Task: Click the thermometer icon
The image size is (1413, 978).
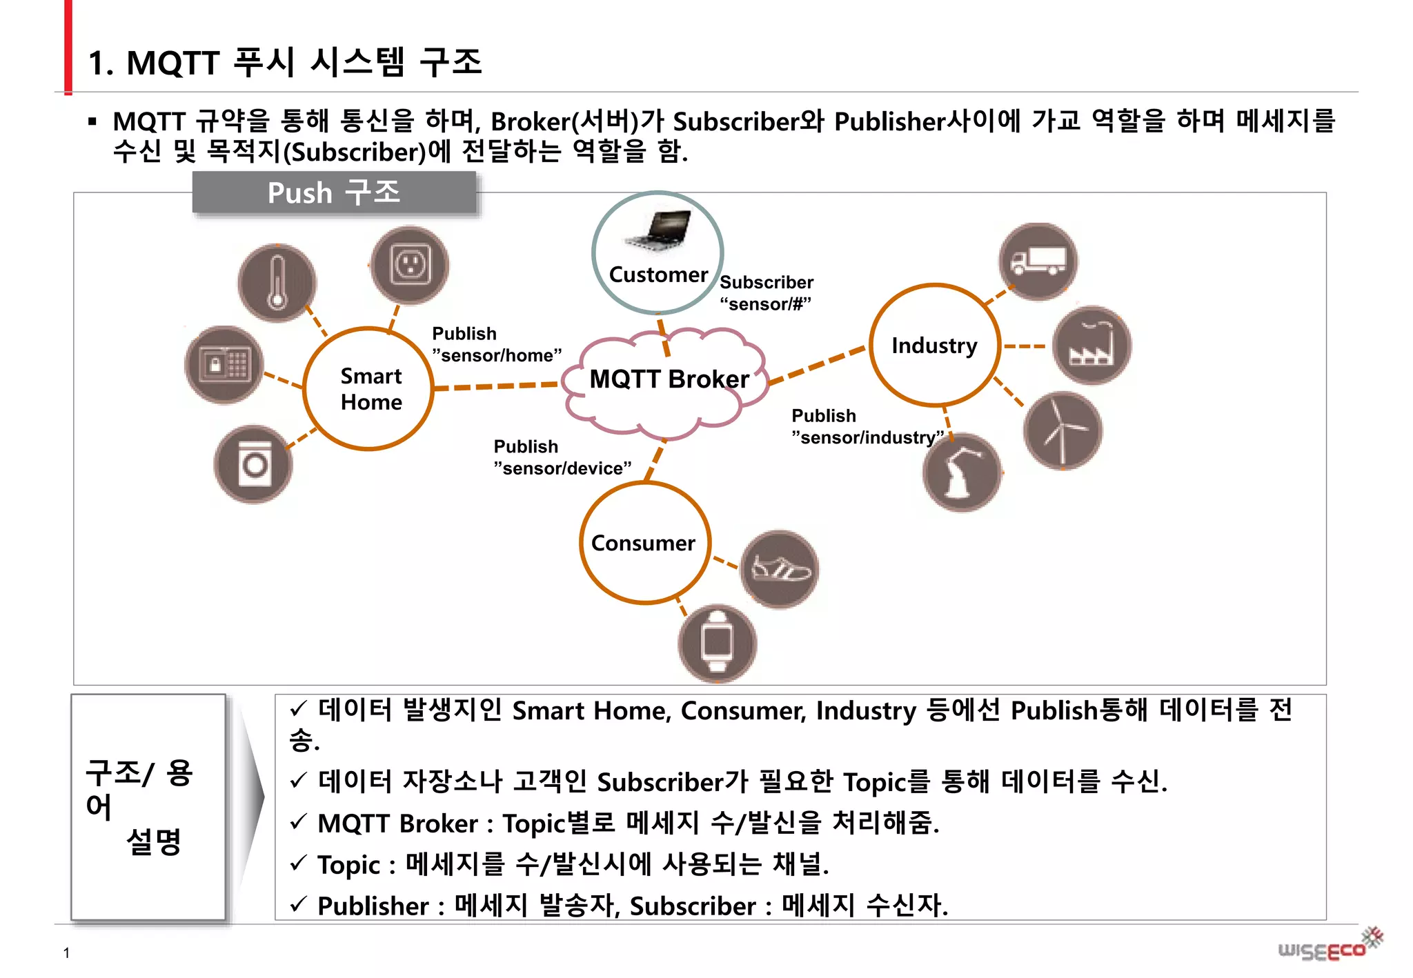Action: tap(277, 282)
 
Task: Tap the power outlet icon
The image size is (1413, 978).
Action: tap(410, 265)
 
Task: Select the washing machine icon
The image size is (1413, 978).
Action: tap(253, 464)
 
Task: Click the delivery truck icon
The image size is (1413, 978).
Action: tap(1038, 261)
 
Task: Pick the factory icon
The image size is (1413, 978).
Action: tap(1091, 345)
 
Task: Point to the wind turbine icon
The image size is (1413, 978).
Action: tap(1062, 430)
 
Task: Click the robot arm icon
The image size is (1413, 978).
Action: tap(962, 472)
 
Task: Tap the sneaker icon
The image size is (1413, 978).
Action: tap(780, 569)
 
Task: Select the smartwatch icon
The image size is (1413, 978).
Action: tap(718, 643)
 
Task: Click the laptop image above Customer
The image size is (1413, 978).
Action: tap(659, 230)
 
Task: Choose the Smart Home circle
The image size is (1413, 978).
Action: tap(369, 389)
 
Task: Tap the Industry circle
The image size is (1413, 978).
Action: tap(934, 345)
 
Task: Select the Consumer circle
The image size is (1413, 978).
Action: tap(644, 543)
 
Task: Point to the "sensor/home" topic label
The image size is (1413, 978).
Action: tap(497, 355)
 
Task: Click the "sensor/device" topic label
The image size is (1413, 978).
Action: tap(562, 468)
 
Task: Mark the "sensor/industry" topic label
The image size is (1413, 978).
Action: tap(867, 437)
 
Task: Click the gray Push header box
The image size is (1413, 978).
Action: tap(334, 192)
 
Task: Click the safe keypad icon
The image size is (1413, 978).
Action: tap(224, 364)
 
